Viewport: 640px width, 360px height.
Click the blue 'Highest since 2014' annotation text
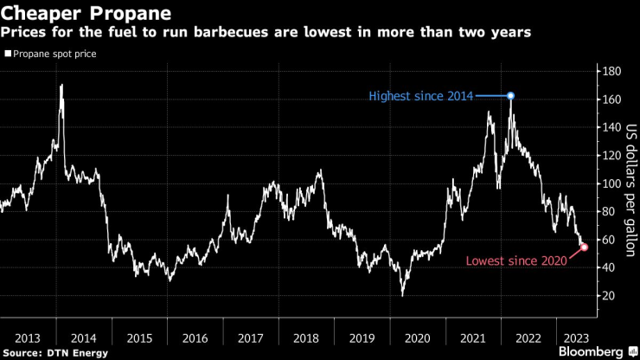coord(421,96)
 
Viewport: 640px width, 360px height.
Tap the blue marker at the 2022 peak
coord(511,96)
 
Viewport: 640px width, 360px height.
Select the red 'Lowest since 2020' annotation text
coord(516,260)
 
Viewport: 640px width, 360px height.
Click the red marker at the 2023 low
coord(585,247)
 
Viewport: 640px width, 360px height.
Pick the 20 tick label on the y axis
coord(609,296)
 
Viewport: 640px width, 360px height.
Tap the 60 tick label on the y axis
coord(609,240)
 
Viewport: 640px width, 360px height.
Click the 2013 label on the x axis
coord(29,338)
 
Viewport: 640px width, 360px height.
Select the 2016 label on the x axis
coord(195,338)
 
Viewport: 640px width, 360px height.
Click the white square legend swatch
coord(8,54)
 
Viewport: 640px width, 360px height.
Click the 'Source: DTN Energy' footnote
coord(53,353)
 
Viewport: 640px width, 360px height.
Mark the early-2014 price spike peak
coord(61,85)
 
